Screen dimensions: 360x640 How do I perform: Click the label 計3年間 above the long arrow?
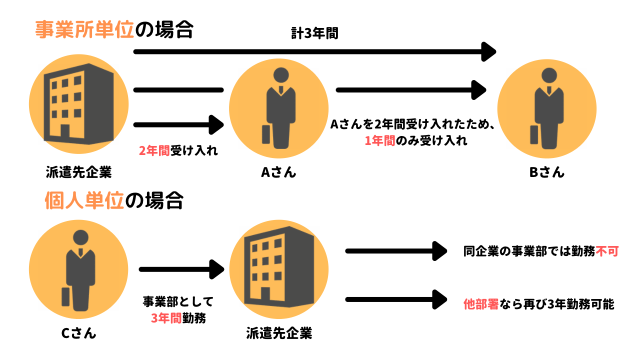(314, 33)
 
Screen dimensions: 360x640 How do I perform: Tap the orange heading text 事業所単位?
(84, 30)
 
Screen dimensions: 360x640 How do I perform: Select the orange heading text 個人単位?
(83, 201)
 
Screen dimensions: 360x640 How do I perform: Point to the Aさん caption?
(278, 172)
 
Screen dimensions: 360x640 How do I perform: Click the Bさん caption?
(546, 172)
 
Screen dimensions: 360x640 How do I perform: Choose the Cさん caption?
(78, 332)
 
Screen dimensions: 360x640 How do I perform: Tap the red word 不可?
(607, 251)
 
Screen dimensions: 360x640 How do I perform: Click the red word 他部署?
(481, 304)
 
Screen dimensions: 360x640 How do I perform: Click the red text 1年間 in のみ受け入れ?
(380, 141)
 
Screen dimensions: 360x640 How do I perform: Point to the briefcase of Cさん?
(65, 296)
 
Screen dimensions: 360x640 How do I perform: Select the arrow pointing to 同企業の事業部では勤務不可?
(395, 251)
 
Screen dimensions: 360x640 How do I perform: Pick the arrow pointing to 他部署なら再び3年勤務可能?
(395, 299)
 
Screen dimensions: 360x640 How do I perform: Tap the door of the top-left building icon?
(65, 132)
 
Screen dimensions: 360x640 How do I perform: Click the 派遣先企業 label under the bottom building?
(279, 333)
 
